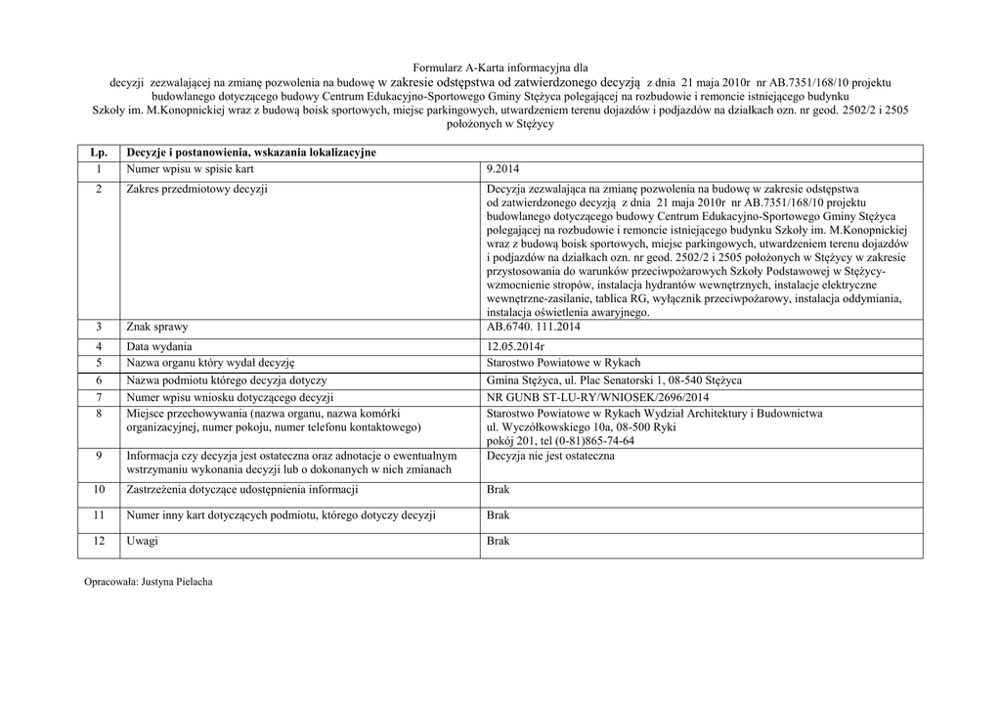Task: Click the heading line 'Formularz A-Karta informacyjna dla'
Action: (x=500, y=67)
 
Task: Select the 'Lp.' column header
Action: (x=98, y=153)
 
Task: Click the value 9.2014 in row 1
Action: (x=502, y=170)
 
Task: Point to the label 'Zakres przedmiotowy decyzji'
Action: (x=197, y=189)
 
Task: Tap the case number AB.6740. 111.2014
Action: (x=533, y=327)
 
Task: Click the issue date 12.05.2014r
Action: (x=515, y=346)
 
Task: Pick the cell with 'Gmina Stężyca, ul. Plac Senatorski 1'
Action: (x=614, y=379)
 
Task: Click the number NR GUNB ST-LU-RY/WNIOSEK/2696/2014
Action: (x=598, y=397)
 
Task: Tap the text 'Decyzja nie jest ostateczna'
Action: (x=550, y=457)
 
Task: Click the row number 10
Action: (x=98, y=489)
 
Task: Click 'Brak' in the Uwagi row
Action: (x=498, y=541)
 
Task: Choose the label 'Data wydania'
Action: (x=159, y=346)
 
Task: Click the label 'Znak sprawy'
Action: (x=157, y=327)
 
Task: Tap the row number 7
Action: (x=98, y=397)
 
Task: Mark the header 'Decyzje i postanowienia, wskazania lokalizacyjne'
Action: (x=251, y=153)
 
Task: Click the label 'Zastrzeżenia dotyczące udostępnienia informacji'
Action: (x=242, y=489)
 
